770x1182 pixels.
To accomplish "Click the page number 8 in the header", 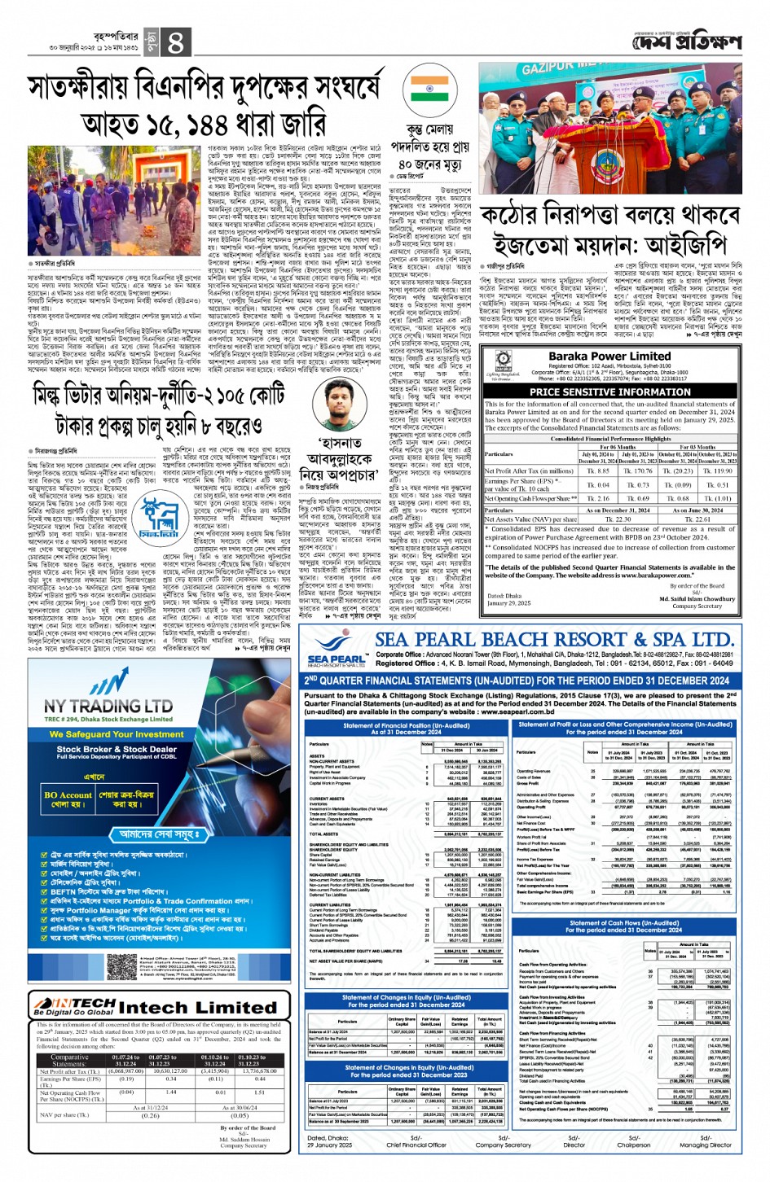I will click(176, 42).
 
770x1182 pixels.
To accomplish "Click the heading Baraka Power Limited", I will click(609, 356).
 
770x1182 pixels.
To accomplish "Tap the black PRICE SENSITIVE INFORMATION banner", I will click(609, 392).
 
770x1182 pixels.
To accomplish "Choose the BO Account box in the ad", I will click(68, 799).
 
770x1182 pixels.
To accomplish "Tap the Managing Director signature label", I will click(706, 1145).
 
